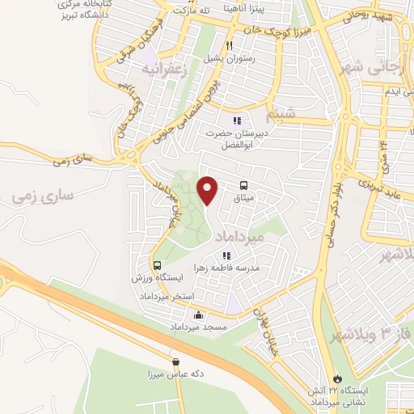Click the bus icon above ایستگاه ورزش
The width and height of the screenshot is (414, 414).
coord(157,264)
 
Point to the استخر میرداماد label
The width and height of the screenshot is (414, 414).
coord(171,297)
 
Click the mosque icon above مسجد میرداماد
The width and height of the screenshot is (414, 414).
coord(199,315)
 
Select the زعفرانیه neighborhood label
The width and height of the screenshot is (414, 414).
coord(164,70)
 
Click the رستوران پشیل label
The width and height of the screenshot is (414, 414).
coord(229,58)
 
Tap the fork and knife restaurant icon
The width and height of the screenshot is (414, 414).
coord(230,46)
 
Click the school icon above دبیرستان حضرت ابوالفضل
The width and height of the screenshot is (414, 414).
coord(237,120)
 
